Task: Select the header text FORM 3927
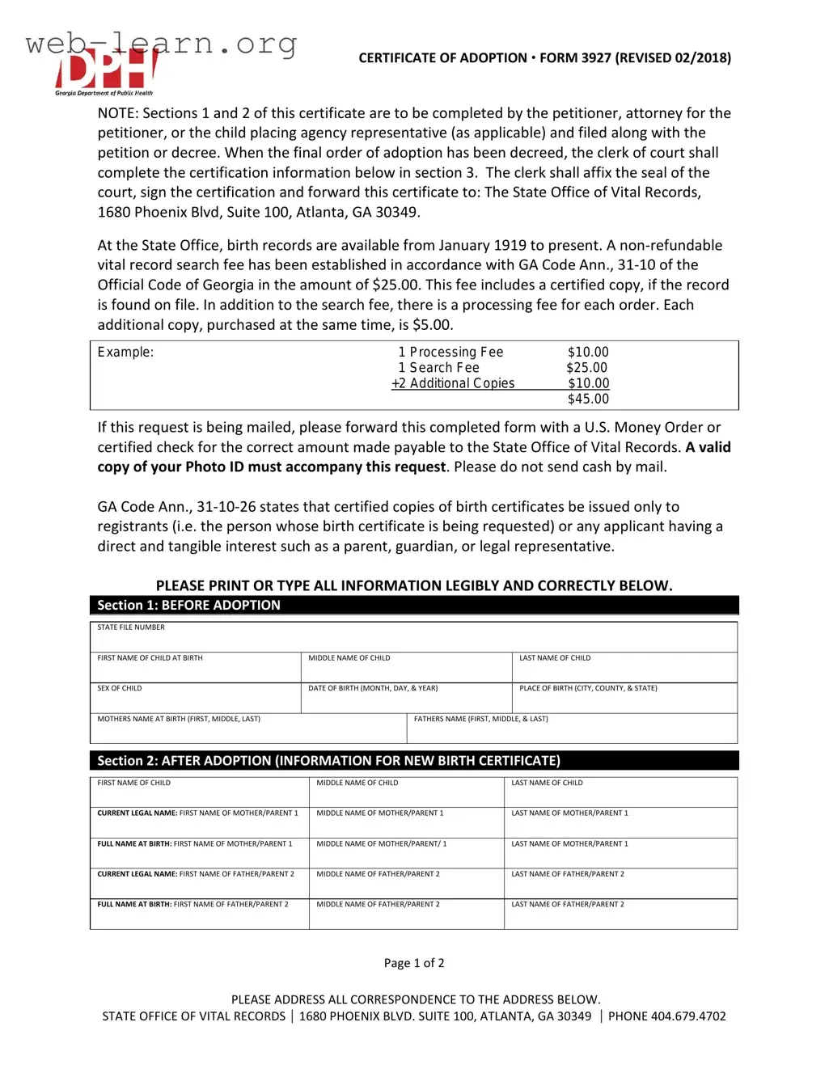tap(575, 57)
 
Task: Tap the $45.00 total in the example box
tap(588, 399)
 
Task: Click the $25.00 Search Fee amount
tap(586, 367)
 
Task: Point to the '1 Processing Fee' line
tap(450, 352)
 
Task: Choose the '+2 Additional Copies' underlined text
tap(453, 383)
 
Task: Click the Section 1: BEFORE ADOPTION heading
tap(188, 605)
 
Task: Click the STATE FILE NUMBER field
tap(413, 637)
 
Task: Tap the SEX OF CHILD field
tap(195, 698)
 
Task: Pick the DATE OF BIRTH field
tap(406, 698)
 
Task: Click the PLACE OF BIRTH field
tap(624, 698)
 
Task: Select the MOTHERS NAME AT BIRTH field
tap(247, 729)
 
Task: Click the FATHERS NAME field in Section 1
tap(572, 729)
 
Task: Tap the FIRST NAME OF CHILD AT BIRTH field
tap(195, 668)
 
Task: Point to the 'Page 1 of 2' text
tap(414, 963)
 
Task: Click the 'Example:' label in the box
tap(125, 352)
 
